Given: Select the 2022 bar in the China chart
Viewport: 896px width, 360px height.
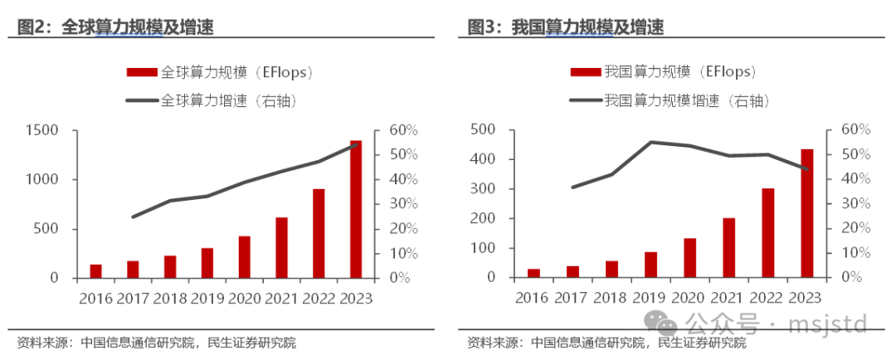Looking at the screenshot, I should [768, 233].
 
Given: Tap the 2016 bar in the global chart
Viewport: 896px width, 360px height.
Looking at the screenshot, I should [96, 271].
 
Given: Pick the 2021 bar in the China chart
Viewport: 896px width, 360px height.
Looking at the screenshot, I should [729, 248].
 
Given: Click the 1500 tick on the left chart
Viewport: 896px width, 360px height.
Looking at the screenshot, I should [42, 130].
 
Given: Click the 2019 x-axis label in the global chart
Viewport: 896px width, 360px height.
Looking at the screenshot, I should [207, 297].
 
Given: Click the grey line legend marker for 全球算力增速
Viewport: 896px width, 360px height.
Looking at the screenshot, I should [142, 101].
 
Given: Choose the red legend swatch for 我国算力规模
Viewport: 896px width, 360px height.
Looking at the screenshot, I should [587, 72].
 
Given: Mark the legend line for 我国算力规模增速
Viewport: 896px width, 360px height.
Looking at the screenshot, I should [587, 101].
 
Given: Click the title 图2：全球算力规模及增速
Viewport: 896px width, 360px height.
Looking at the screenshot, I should [115, 27].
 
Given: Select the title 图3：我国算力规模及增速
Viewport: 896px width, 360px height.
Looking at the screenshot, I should [565, 27].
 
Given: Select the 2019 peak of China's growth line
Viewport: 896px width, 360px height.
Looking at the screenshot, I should [650, 142].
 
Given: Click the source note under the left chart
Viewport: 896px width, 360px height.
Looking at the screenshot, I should [156, 343].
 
